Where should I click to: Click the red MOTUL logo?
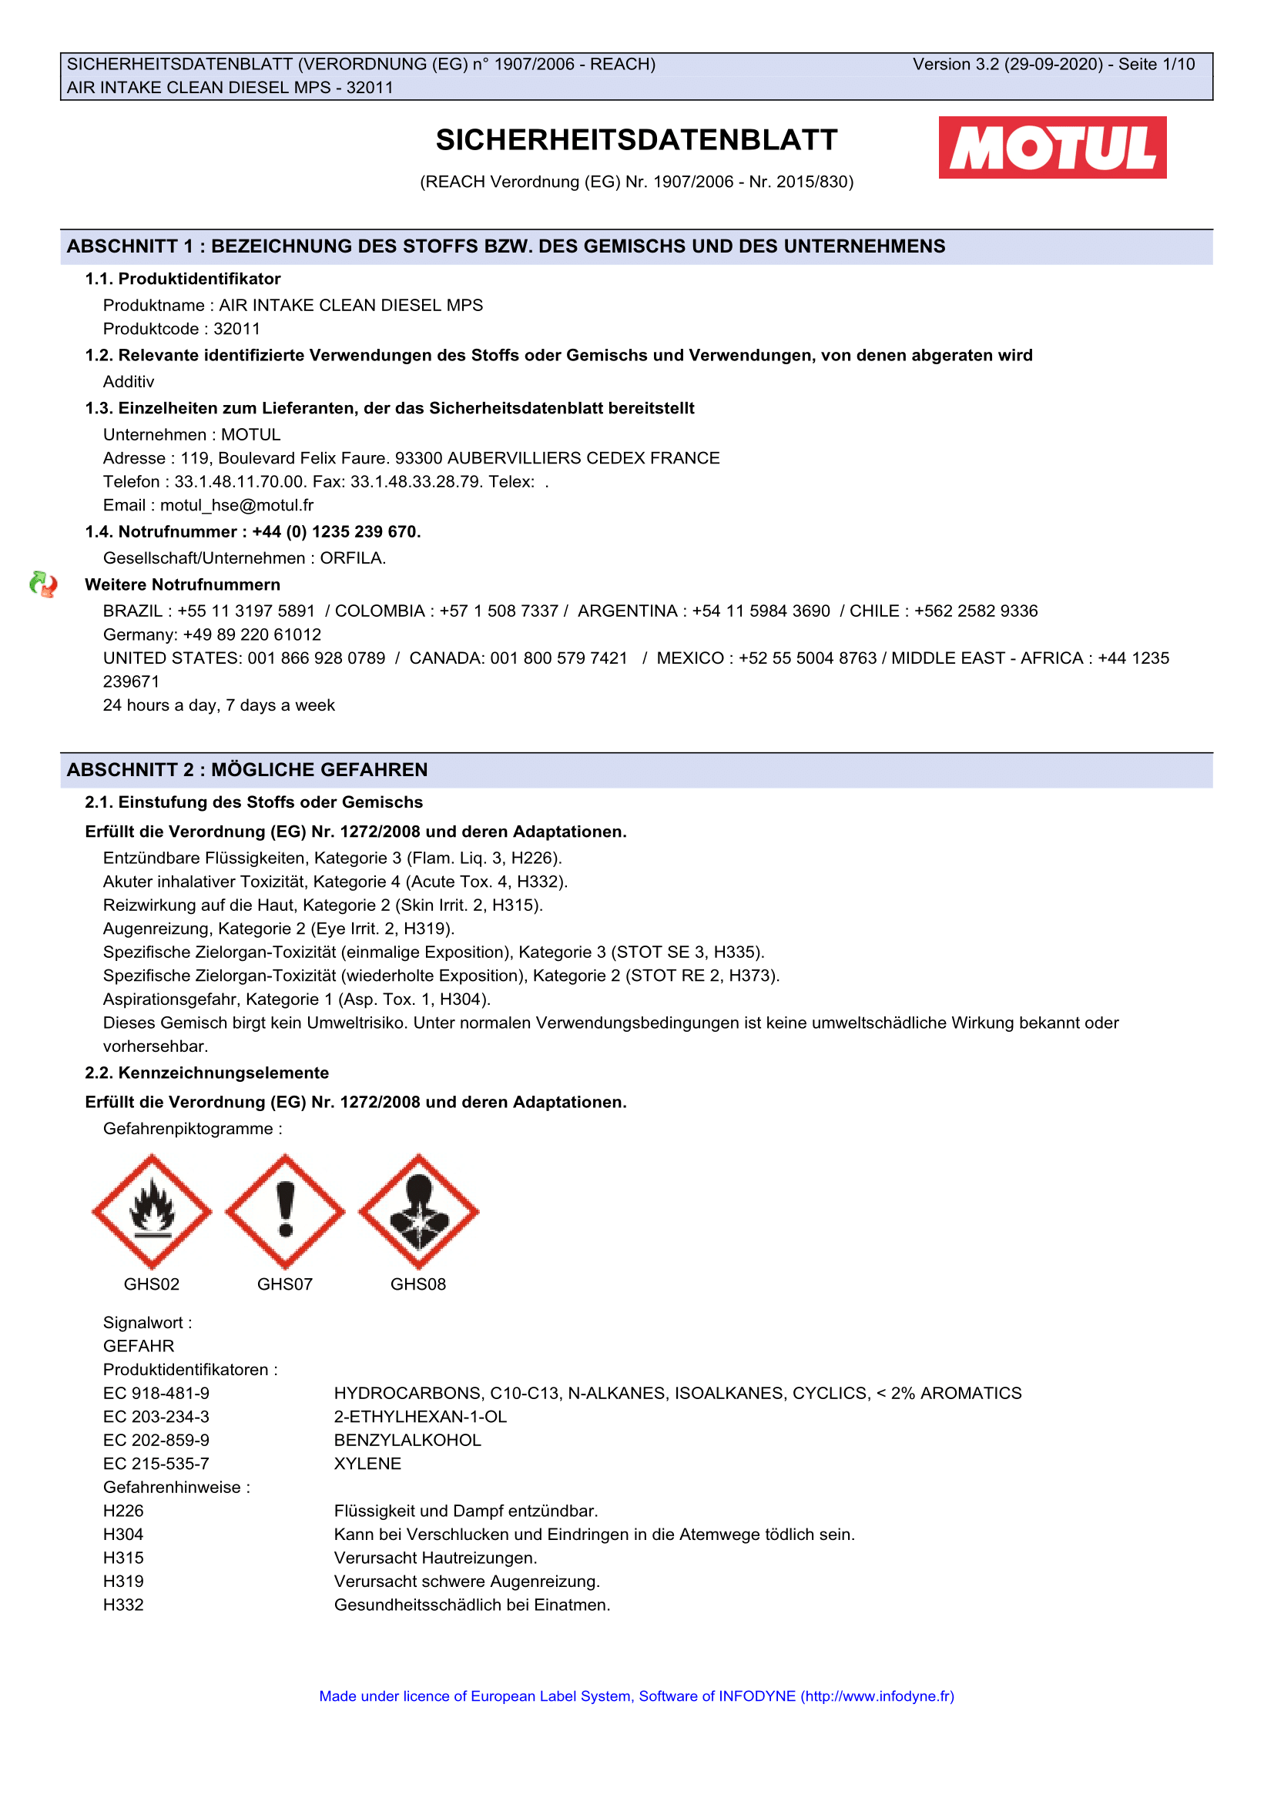click(x=1052, y=148)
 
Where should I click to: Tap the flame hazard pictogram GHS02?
click(x=152, y=1211)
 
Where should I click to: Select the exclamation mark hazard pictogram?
click(x=285, y=1211)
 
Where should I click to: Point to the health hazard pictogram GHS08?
click(x=418, y=1211)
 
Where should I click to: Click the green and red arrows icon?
click(x=43, y=584)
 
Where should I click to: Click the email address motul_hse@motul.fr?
click(x=236, y=505)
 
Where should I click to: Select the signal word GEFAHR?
click(x=139, y=1346)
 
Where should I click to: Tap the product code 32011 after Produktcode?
click(x=237, y=329)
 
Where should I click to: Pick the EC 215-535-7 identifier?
click(x=156, y=1464)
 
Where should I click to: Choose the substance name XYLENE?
click(x=367, y=1464)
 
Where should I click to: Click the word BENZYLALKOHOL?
click(x=407, y=1440)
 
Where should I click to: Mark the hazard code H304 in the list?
click(x=123, y=1535)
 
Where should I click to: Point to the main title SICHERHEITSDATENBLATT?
click(x=636, y=140)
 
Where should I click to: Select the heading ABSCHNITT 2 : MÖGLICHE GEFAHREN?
click(x=247, y=769)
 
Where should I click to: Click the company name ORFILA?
click(x=352, y=557)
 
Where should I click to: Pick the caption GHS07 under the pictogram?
click(x=285, y=1284)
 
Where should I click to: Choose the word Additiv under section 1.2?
click(x=129, y=382)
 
